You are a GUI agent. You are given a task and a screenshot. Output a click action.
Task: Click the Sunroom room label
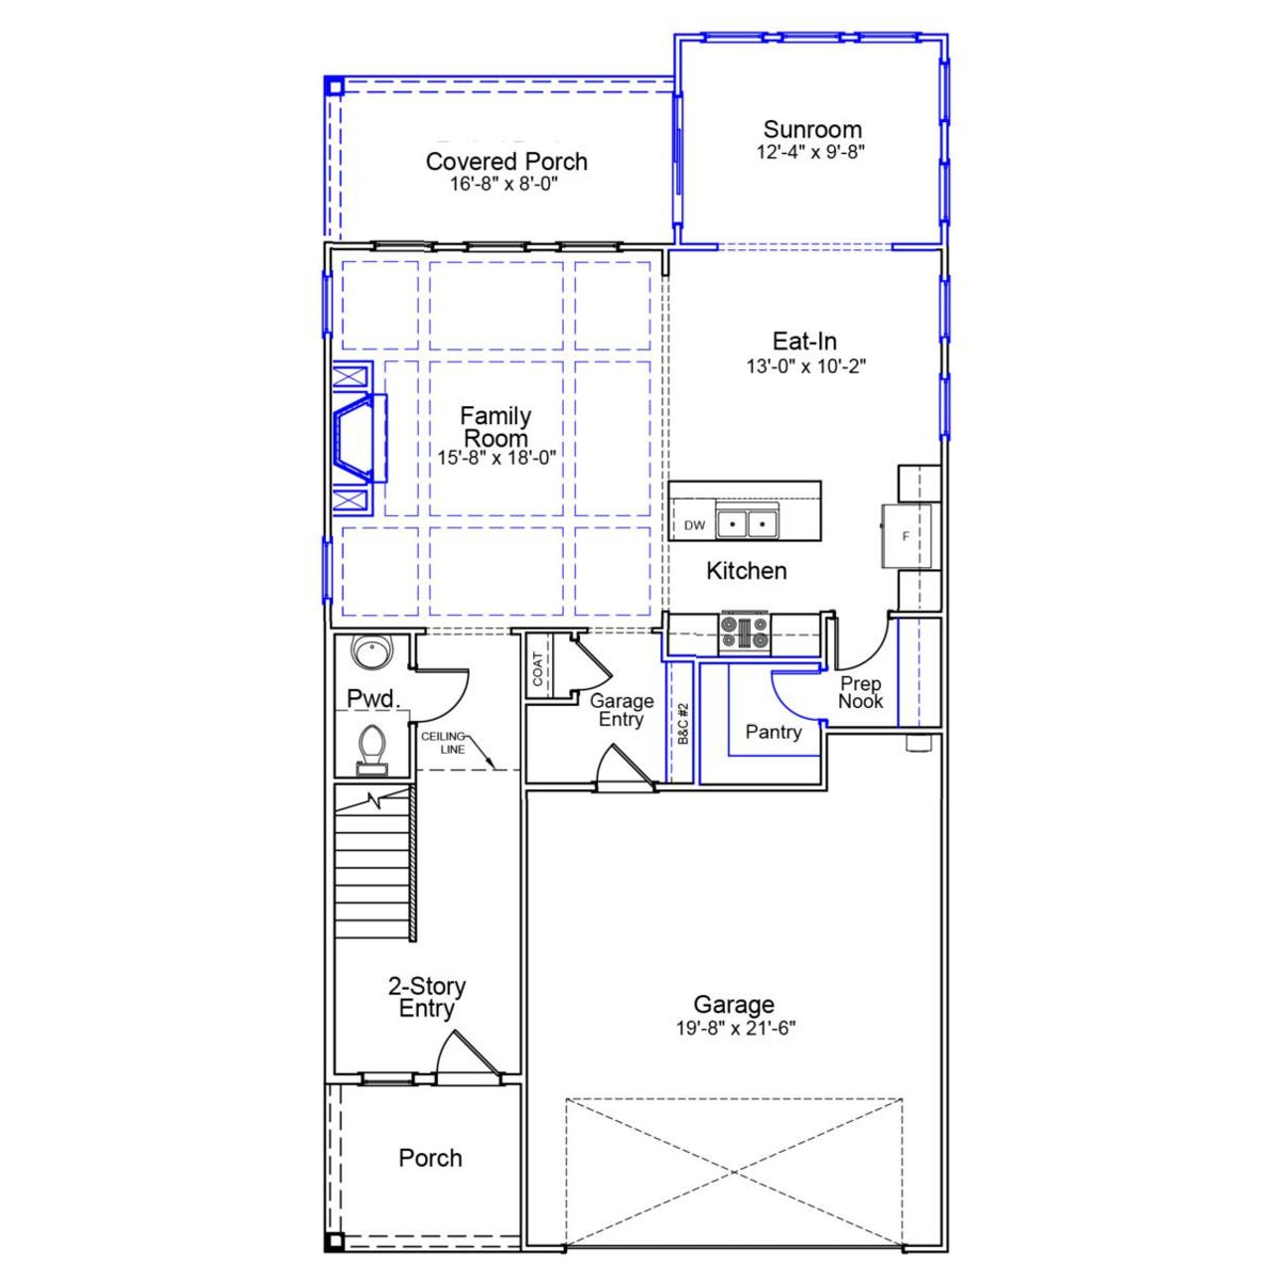click(811, 129)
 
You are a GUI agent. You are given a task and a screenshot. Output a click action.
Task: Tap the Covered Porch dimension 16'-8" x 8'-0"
click(505, 185)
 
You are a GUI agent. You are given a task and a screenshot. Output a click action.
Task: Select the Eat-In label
click(804, 341)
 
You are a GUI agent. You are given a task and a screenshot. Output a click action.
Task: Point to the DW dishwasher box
click(694, 525)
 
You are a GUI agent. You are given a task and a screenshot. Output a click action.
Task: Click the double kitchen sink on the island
click(747, 523)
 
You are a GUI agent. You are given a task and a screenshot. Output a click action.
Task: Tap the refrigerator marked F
click(906, 536)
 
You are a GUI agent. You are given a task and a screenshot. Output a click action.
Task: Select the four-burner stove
click(745, 634)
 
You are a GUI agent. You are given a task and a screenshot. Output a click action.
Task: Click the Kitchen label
click(746, 571)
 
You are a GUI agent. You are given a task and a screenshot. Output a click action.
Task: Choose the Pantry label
click(773, 732)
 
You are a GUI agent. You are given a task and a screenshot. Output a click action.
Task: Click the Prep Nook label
click(860, 692)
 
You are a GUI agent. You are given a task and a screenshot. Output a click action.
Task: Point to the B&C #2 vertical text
click(683, 725)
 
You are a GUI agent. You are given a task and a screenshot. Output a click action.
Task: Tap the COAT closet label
click(538, 667)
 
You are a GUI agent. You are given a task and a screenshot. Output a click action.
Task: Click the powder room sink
click(372, 653)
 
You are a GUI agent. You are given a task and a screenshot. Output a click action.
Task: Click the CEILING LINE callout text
click(443, 742)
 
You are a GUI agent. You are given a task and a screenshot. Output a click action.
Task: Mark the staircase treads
click(373, 864)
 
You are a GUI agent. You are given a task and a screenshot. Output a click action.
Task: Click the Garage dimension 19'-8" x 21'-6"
click(735, 1029)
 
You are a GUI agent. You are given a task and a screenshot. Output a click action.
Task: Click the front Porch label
click(430, 1158)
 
